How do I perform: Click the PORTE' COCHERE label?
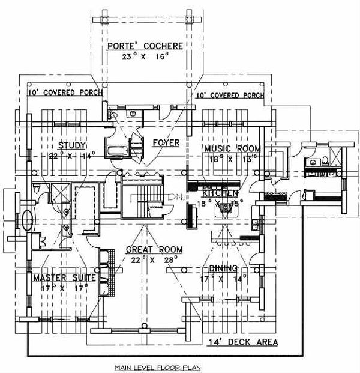[x=145, y=46]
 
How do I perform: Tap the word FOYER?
[x=166, y=143]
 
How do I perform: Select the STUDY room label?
[x=73, y=145]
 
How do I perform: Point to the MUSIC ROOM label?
[x=232, y=148]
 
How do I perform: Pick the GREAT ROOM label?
[x=154, y=249]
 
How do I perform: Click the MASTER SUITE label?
[x=57, y=277]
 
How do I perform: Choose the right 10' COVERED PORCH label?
[x=229, y=96]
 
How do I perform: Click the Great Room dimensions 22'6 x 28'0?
[x=154, y=260]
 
